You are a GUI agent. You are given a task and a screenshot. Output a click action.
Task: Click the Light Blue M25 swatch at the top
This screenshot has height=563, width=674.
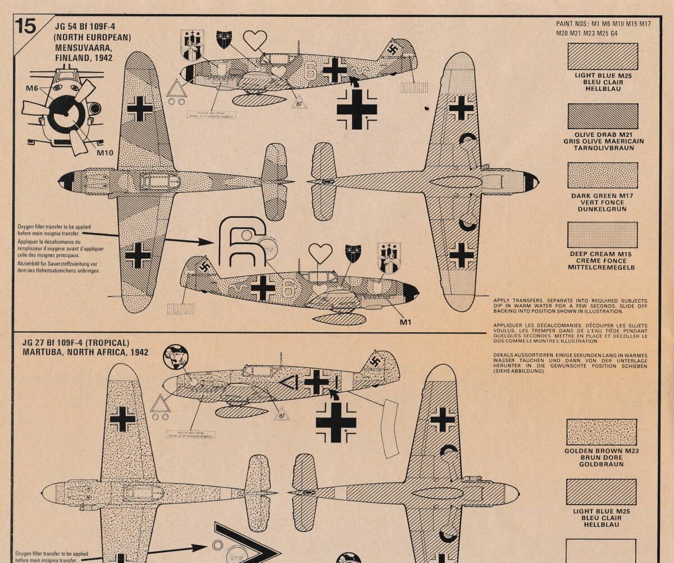tap(603, 57)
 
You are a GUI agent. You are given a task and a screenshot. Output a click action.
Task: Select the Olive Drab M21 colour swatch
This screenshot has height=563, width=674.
tap(603, 116)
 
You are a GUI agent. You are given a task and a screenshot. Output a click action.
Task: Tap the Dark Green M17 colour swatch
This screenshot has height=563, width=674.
tap(603, 176)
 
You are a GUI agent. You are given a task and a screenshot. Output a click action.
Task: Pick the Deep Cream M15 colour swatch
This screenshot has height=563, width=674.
tap(603, 235)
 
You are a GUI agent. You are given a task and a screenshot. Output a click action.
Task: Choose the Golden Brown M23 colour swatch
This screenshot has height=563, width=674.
tap(602, 432)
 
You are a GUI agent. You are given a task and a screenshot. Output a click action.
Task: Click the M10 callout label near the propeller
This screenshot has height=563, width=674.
tap(105, 153)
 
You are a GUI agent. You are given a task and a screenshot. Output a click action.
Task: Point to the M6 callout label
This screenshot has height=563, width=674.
tap(32, 88)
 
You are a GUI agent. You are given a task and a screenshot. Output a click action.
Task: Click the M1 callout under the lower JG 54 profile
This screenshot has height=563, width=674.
tap(406, 322)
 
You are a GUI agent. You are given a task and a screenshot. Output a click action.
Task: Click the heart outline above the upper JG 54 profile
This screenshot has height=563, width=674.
tap(254, 40)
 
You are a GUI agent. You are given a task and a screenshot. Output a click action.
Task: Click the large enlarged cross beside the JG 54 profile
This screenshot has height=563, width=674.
tap(357, 108)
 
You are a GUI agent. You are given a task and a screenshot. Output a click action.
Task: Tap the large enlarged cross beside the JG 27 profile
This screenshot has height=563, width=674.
tap(336, 422)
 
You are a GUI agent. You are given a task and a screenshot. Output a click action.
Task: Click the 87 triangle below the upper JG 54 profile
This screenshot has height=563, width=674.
tap(299, 103)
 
